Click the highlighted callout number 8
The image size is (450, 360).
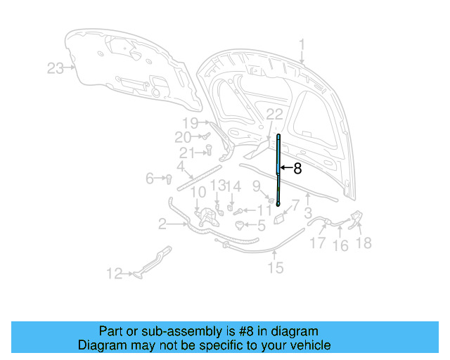tap(297, 168)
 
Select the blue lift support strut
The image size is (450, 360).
tap(278, 169)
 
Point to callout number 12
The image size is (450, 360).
tap(115, 274)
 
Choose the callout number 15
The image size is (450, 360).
tap(275, 267)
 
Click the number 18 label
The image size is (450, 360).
tap(365, 243)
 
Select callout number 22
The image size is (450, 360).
tap(274, 115)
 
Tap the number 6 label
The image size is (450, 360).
tap(150, 179)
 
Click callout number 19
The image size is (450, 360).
tap(191, 123)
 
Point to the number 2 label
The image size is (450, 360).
tap(162, 224)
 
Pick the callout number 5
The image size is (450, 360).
tap(261, 226)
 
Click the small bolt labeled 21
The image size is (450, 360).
tap(209, 148)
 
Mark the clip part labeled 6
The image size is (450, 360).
tap(169, 179)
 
